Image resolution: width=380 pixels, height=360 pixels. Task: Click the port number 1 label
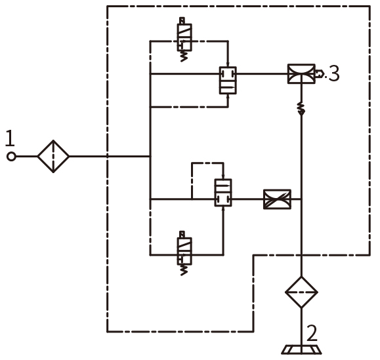pyautogui.click(x=10, y=138)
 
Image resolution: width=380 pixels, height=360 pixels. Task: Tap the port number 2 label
pyautogui.click(x=312, y=333)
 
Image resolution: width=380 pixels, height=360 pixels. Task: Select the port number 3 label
pyautogui.click(x=334, y=73)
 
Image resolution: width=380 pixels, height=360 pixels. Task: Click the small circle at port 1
pyautogui.click(x=11, y=157)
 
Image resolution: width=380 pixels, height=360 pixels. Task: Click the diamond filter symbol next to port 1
pyautogui.click(x=53, y=157)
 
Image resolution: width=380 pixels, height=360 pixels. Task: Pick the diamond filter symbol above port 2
pyautogui.click(x=301, y=292)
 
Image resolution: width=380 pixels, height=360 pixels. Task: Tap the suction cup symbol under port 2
pyautogui.click(x=301, y=350)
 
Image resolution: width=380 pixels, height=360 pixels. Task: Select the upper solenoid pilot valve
pyautogui.click(x=184, y=37)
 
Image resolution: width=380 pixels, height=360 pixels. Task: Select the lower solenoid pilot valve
pyautogui.click(x=184, y=251)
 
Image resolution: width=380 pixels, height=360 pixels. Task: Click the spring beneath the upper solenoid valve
pyautogui.click(x=184, y=56)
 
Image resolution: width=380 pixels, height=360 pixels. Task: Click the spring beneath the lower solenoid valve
pyautogui.click(x=184, y=270)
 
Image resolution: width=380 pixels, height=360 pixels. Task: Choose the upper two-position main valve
pyautogui.click(x=228, y=81)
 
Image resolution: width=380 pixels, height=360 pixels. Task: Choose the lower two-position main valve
pyautogui.click(x=223, y=193)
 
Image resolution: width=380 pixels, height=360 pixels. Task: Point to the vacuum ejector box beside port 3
pyautogui.click(x=301, y=74)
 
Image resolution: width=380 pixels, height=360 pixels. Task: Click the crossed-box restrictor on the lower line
pyautogui.click(x=277, y=199)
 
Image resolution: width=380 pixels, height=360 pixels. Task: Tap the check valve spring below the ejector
pyautogui.click(x=301, y=108)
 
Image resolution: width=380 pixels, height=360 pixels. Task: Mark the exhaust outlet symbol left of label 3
pyautogui.click(x=320, y=73)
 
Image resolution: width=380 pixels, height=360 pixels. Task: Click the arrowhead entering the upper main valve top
pyautogui.click(x=228, y=64)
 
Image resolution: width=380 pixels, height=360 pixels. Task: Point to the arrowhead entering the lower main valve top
pyautogui.click(x=223, y=176)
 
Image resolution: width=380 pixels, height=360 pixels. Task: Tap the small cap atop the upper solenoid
pyautogui.click(x=182, y=20)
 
